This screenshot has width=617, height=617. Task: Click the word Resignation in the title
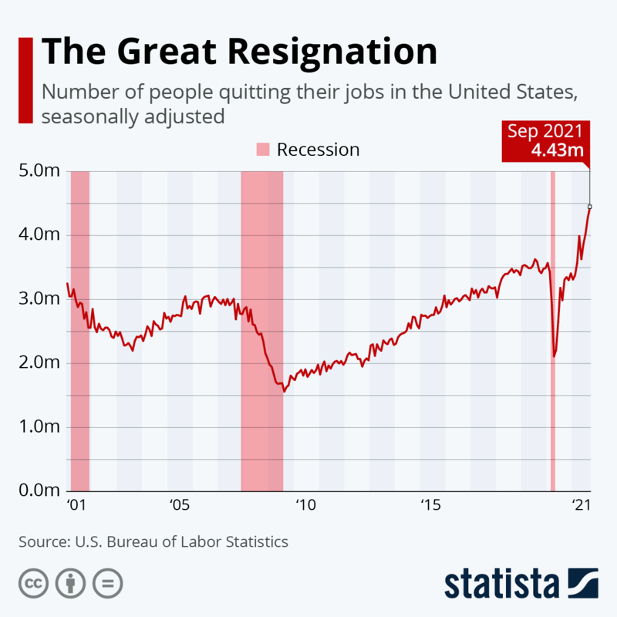pos(333,52)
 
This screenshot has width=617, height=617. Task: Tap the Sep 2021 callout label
pos(544,130)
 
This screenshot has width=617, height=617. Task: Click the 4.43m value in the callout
pos(556,150)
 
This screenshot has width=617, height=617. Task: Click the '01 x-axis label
pos(75,506)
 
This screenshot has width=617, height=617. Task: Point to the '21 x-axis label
pos(580,506)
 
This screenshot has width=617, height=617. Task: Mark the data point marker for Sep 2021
pos(590,207)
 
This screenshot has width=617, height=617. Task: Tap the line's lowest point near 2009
pos(285,391)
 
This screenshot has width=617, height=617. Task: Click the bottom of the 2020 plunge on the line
pos(554,356)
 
